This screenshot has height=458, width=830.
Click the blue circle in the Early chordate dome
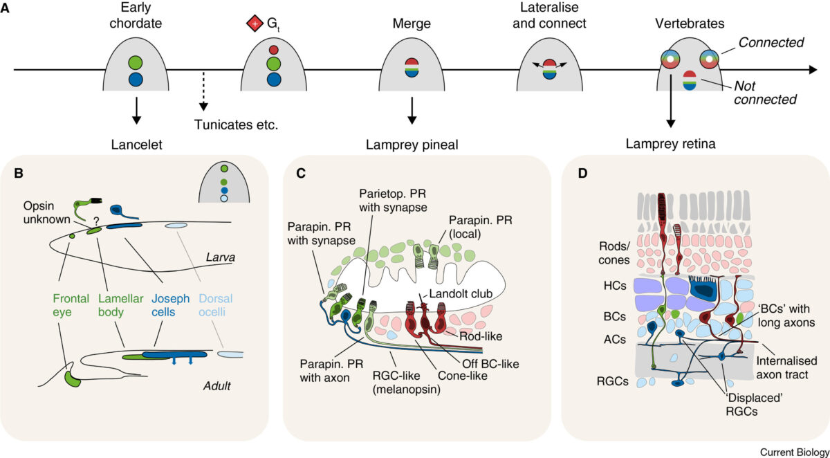coord(136,80)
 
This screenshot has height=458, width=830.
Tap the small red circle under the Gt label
coord(273,51)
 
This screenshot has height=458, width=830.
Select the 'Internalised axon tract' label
coord(788,367)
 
